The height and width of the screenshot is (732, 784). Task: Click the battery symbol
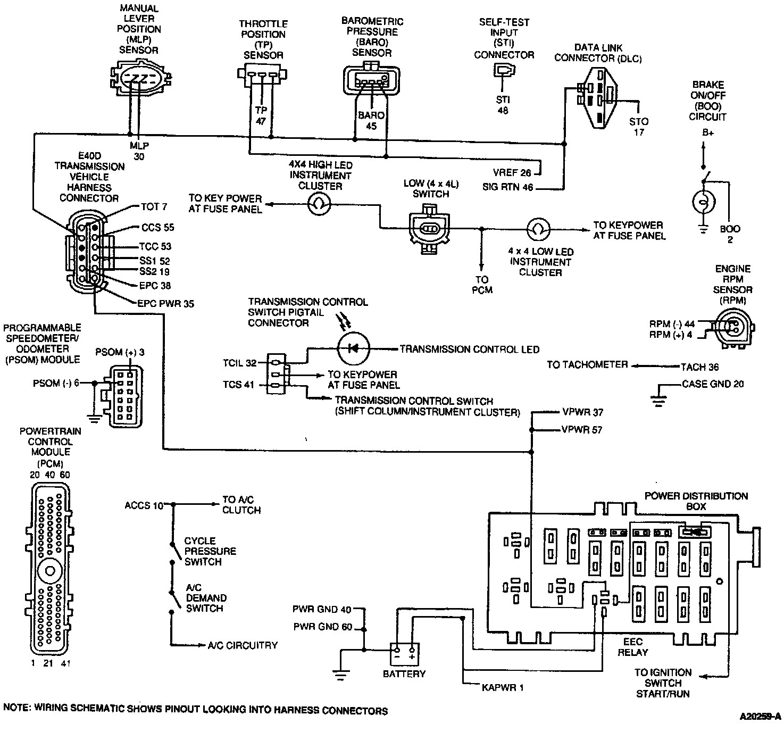(x=404, y=654)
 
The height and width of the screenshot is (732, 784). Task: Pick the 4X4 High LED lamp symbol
(x=320, y=203)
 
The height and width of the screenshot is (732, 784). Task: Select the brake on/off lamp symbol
(x=703, y=203)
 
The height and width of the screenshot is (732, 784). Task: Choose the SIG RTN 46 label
(x=507, y=187)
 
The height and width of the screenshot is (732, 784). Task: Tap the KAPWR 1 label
(x=503, y=687)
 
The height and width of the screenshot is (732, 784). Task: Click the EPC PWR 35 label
(x=165, y=304)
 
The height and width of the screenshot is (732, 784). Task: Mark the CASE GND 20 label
(x=713, y=384)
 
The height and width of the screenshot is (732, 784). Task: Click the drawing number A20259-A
(x=760, y=717)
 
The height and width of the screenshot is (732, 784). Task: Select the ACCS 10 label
(x=144, y=505)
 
